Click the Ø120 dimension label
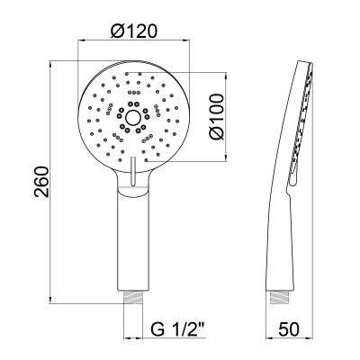click(x=134, y=31)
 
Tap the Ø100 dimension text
click(x=217, y=116)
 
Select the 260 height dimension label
click(x=41, y=182)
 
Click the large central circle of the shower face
click(x=133, y=118)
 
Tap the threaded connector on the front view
click(x=134, y=297)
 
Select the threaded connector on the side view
click(x=281, y=297)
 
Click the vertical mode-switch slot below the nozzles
click(x=133, y=171)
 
